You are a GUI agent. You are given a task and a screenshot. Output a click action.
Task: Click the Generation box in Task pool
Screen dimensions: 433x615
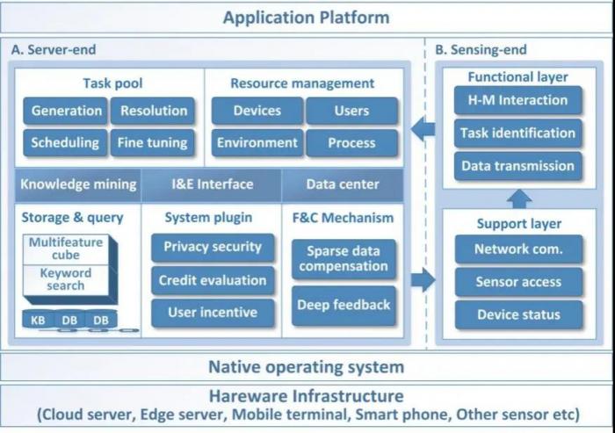pos(66,111)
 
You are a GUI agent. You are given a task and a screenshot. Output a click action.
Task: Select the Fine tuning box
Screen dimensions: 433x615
pos(153,142)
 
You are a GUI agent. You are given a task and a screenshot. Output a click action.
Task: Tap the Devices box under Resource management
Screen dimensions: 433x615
pos(257,111)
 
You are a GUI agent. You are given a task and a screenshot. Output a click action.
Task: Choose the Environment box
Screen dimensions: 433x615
pos(257,142)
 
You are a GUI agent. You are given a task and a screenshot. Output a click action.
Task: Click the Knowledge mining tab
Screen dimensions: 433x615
pos(78,184)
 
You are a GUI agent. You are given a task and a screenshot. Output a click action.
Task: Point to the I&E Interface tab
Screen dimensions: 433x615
pos(212,184)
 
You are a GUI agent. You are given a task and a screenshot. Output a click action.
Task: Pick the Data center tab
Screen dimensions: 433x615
pos(343,184)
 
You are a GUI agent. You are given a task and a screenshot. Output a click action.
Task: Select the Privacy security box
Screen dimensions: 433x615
pos(212,247)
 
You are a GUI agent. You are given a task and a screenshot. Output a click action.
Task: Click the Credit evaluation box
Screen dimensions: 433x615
pos(212,280)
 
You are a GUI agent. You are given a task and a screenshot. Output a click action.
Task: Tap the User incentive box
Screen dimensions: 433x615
pos(212,312)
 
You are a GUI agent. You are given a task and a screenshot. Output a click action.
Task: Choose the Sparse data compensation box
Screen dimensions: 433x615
pos(343,258)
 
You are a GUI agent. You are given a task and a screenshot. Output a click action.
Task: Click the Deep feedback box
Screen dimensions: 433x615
pos(343,305)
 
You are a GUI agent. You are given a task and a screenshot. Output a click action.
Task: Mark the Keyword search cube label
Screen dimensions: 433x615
pos(65,279)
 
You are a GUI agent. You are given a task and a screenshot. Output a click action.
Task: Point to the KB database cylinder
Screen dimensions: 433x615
pos(38,321)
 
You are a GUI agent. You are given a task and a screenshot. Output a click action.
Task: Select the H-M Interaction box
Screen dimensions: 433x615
pos(517,101)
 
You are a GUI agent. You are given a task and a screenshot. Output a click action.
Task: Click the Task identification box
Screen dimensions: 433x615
pos(517,134)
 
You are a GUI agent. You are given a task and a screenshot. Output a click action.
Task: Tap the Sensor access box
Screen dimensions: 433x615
pos(517,282)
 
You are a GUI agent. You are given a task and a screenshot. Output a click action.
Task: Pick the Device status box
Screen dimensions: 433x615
pos(517,314)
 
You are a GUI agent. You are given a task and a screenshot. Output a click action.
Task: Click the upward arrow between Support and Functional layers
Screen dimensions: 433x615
pos(519,198)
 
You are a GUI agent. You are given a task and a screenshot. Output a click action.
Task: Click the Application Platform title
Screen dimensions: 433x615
pos(306,17)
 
